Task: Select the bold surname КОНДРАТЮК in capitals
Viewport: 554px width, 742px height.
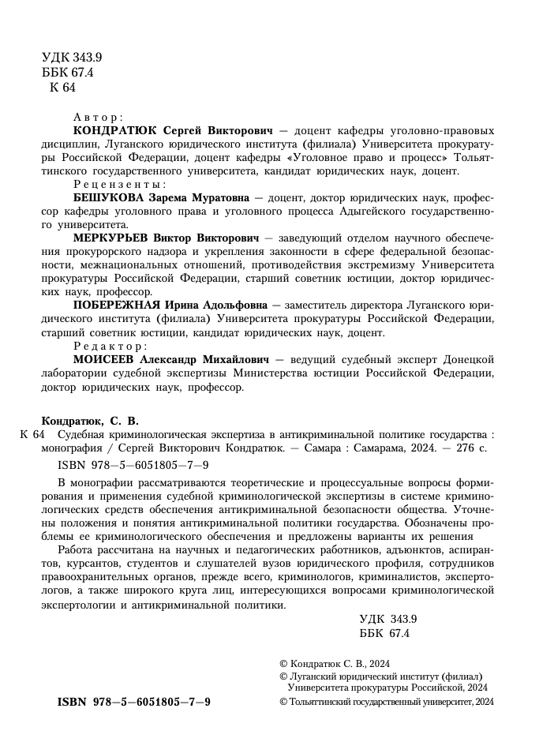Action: coord(111,130)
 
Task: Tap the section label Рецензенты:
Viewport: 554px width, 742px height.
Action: coord(113,184)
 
